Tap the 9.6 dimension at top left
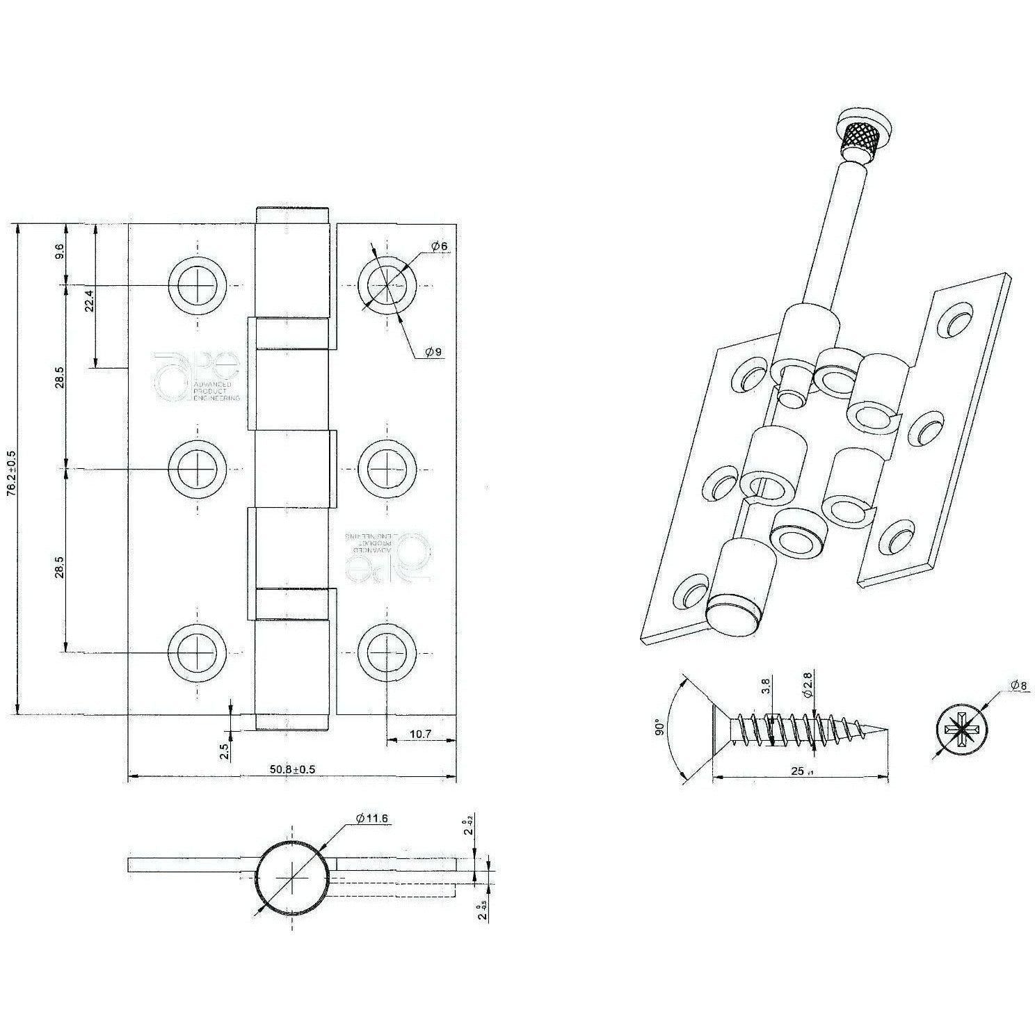tap(60, 252)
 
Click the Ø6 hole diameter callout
tap(438, 246)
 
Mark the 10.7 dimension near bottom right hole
tap(421, 734)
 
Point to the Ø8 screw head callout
tap(1018, 687)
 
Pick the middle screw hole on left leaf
tap(198, 469)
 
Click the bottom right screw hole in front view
tap(387, 652)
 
